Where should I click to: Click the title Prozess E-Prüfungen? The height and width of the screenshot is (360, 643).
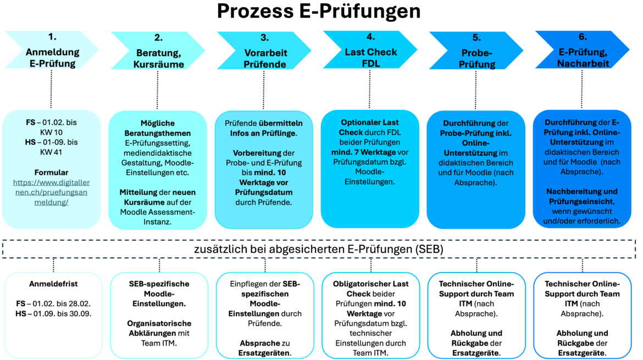pyautogui.click(x=319, y=12)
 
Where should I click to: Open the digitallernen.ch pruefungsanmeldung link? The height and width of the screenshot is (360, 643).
pyautogui.click(x=51, y=192)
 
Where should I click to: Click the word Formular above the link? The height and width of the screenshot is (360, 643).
pyautogui.click(x=51, y=172)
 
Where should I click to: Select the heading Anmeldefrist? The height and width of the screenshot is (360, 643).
pyautogui.click(x=53, y=284)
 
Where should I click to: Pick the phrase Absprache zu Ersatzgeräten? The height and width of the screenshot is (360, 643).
pyautogui.click(x=265, y=348)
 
